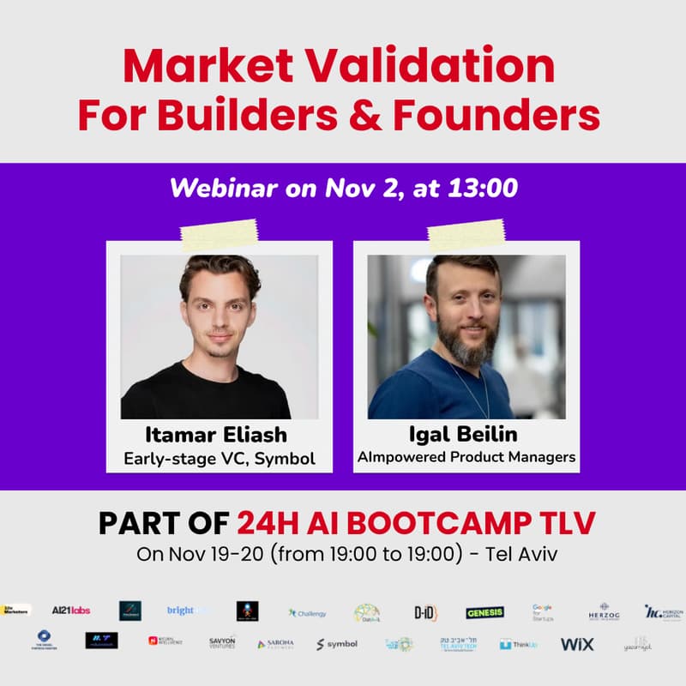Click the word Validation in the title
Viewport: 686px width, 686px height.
click(448, 65)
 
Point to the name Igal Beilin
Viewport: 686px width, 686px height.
click(467, 432)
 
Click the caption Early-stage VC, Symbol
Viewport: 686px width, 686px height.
click(219, 459)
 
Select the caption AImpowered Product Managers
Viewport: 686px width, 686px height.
click(466, 457)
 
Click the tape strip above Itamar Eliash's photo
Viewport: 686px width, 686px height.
click(219, 233)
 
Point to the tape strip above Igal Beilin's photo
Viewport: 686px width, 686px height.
click(466, 233)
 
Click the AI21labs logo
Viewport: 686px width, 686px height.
click(70, 611)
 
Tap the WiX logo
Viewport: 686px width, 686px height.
click(577, 643)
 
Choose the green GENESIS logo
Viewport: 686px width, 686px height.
click(484, 612)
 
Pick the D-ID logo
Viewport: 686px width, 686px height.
click(426, 612)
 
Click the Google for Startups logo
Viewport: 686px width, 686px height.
click(542, 611)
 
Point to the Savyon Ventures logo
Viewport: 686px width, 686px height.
click(222, 642)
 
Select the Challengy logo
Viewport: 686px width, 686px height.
click(307, 613)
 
